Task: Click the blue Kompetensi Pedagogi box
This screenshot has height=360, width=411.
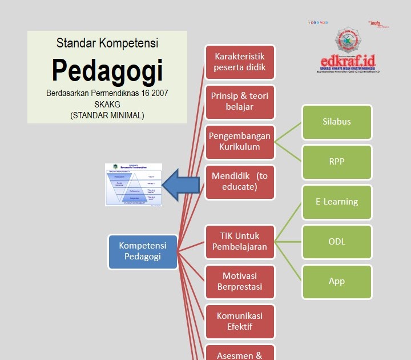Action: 143,251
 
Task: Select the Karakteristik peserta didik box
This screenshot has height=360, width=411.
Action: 240,62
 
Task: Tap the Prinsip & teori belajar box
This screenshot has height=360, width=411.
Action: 240,101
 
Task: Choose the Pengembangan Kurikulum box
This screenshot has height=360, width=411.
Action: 240,141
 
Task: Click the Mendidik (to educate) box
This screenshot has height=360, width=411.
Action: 240,182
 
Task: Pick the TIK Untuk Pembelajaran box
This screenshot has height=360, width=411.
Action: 240,241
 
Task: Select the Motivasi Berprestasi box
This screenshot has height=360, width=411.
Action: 240,281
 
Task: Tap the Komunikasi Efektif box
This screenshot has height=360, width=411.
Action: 240,321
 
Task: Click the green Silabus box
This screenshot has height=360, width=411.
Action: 337,122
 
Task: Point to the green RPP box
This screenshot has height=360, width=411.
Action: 337,162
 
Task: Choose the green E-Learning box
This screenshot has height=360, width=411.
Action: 337,202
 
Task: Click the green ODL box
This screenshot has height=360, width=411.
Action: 337,242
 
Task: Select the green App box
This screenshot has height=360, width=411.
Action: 337,282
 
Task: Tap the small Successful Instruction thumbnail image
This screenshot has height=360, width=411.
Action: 134,185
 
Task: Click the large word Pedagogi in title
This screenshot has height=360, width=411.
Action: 107,70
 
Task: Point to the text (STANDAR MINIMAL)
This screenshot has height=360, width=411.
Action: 107,115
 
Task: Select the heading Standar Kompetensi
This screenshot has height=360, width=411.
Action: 107,43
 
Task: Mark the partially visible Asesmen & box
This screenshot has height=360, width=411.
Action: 240,353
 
